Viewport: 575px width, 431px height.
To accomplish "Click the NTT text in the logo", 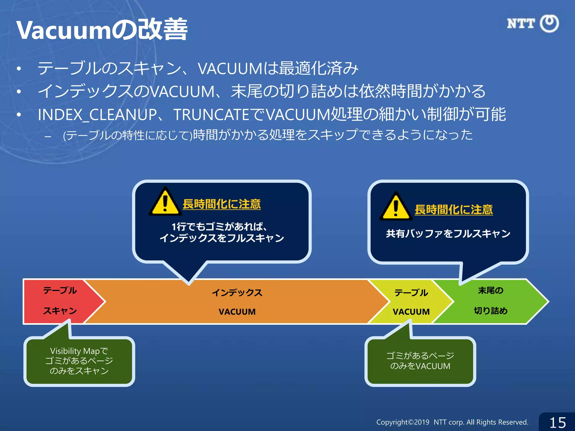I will (x=521, y=24).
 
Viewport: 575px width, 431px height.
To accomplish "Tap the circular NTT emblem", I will (x=549, y=24).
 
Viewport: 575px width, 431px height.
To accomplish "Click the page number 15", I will (x=558, y=423).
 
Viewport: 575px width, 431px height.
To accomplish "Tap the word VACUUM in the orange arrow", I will (x=237, y=312).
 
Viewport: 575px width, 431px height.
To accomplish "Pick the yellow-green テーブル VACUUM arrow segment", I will (x=411, y=302).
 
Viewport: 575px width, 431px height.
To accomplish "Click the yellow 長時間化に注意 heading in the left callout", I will (x=222, y=204).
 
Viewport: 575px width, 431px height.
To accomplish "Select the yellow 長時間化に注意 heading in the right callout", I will (x=453, y=210).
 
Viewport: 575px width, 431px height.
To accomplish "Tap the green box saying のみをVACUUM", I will (x=420, y=361).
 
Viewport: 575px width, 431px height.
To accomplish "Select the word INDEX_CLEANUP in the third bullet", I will (x=97, y=115).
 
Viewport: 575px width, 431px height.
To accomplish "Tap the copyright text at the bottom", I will (x=452, y=422).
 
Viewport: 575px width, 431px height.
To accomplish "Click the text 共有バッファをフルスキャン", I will (x=448, y=233).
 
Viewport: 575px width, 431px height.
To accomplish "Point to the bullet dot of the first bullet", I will (x=19, y=69).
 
